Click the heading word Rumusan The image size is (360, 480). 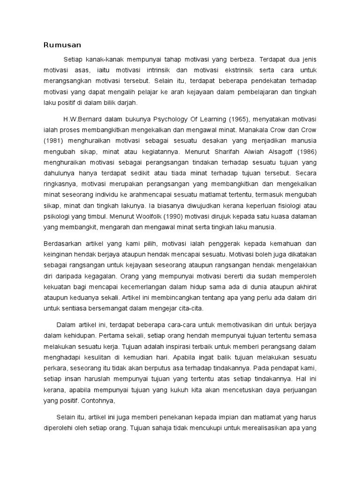tap(62, 45)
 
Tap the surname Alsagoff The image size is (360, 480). tap(278, 152)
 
